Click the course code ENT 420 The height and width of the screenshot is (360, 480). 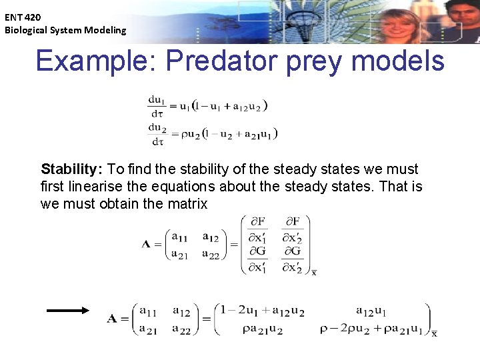point(23,17)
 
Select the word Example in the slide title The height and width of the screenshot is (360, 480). point(92,61)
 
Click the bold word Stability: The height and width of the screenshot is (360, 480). point(71,169)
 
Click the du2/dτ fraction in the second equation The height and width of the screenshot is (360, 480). point(157,133)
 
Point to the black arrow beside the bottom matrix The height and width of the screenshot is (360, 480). point(67,310)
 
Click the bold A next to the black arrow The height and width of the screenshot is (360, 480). point(113,319)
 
